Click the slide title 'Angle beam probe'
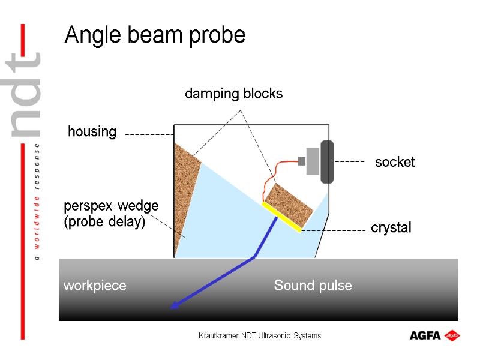coord(155,35)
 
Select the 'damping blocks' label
coord(233,94)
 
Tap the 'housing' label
coord(92,132)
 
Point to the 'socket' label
coord(395,162)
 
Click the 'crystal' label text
coord(391,228)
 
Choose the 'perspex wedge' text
coord(111,206)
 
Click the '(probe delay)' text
coord(105,221)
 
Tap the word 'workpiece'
coord(95,286)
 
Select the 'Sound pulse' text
coord(313,286)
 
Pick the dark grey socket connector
coord(327,161)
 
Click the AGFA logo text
coord(425,335)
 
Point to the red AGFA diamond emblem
coord(452,335)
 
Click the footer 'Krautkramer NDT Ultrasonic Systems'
coord(260,336)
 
